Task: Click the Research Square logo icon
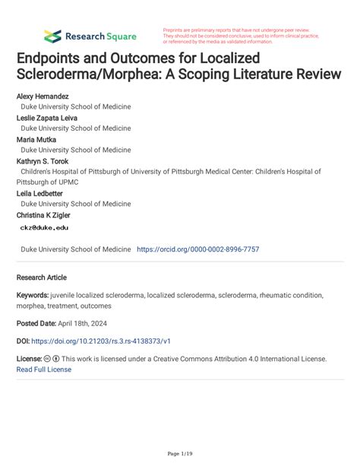point(52,35)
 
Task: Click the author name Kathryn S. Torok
point(47,161)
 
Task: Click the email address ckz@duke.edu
point(45,227)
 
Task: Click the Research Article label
point(45,277)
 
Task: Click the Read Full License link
point(44,369)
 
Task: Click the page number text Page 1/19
point(179,453)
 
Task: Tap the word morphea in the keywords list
point(31,306)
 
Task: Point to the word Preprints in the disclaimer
point(176,29)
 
